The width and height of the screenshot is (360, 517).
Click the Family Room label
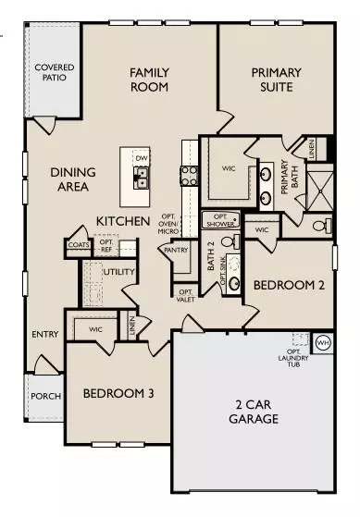[x=148, y=80]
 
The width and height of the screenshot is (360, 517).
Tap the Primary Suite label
[x=271, y=80]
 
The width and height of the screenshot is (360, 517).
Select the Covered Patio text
[x=54, y=74]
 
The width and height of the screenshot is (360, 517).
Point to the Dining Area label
[x=69, y=179]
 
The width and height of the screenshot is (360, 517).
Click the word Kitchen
[x=123, y=222]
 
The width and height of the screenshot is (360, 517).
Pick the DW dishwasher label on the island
[x=142, y=159]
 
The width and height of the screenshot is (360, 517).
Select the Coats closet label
[x=78, y=245]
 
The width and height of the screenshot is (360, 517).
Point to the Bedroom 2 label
[x=289, y=286]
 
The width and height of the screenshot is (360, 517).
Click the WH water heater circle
[x=322, y=342]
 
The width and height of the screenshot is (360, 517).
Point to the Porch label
[x=45, y=396]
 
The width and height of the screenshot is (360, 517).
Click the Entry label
[x=44, y=335]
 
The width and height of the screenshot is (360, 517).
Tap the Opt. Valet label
[x=184, y=295]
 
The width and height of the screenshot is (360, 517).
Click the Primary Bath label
[x=286, y=177]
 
